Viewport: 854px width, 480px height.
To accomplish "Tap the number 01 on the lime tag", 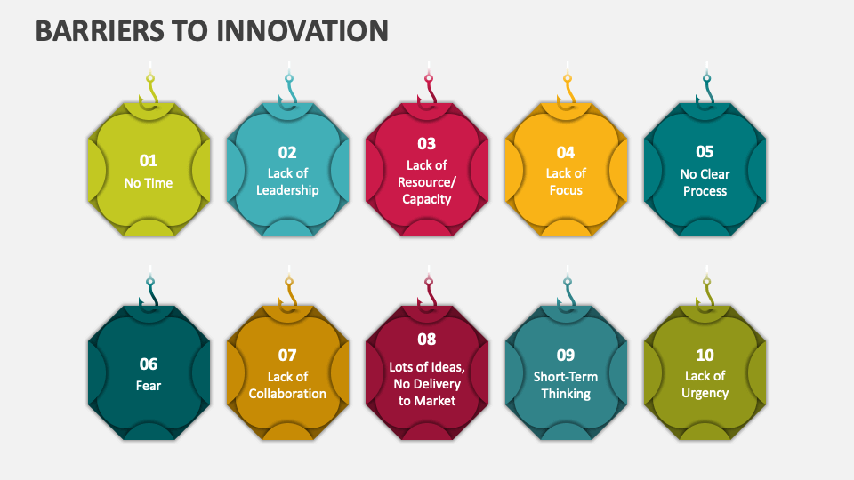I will (x=149, y=160).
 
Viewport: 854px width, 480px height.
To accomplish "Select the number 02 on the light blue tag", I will (x=287, y=152).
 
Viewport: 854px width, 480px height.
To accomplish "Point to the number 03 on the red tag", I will (x=427, y=143).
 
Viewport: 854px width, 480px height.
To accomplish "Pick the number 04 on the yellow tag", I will (x=566, y=152).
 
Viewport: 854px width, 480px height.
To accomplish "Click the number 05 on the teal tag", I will (x=705, y=151).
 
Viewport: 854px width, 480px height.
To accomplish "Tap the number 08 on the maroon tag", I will (x=427, y=339).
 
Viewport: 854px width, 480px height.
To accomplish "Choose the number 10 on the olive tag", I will (x=705, y=355).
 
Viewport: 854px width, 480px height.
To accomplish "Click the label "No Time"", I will (x=149, y=183).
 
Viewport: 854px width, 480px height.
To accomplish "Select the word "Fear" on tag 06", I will (x=149, y=386).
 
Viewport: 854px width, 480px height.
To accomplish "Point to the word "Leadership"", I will (x=287, y=190).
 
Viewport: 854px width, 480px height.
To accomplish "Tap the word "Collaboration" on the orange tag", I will (x=287, y=394).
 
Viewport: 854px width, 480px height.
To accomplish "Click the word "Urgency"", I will (x=705, y=393).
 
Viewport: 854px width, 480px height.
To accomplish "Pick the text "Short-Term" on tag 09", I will (x=566, y=376).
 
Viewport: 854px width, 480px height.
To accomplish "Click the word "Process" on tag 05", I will (x=705, y=190).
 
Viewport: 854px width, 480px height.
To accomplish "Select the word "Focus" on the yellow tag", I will (x=566, y=190).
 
